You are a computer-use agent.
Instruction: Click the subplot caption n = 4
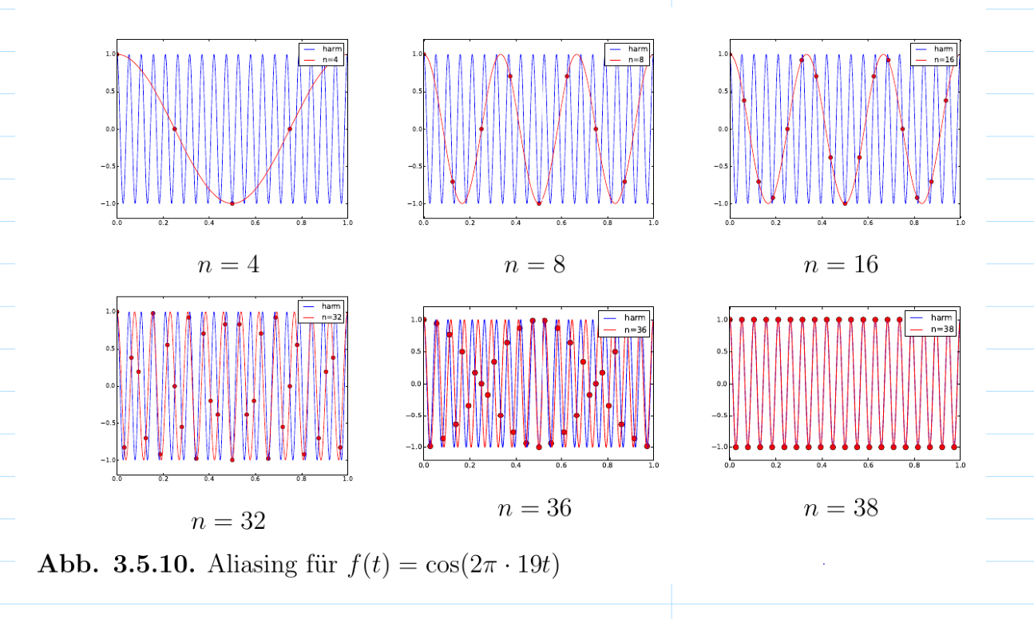228,264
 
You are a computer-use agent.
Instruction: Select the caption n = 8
534,264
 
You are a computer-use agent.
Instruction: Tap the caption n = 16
841,264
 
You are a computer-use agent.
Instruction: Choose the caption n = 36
534,508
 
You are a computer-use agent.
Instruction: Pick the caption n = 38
841,508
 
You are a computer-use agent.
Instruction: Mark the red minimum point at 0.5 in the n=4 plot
232,203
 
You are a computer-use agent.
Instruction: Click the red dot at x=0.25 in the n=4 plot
175,129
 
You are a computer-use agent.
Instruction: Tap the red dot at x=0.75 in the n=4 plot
290,129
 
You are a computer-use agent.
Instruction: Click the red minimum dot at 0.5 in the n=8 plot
539,203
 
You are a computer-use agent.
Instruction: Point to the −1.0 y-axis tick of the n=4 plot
107,203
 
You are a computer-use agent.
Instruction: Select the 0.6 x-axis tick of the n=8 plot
561,223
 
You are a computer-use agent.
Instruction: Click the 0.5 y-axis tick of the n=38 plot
719,352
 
